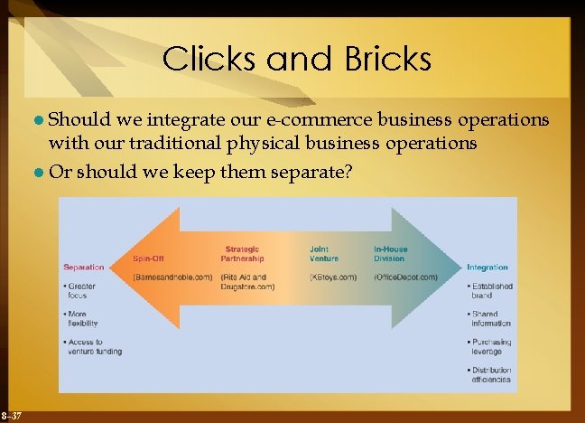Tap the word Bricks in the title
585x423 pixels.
[x=380, y=60]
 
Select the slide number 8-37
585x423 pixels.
[x=12, y=414]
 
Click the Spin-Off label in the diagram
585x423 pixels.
[x=148, y=258]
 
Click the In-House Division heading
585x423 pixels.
[x=391, y=253]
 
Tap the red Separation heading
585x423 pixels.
[x=84, y=267]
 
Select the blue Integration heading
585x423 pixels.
[x=487, y=268]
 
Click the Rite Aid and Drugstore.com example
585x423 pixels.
[x=248, y=281]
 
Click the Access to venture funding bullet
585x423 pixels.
[x=94, y=346]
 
